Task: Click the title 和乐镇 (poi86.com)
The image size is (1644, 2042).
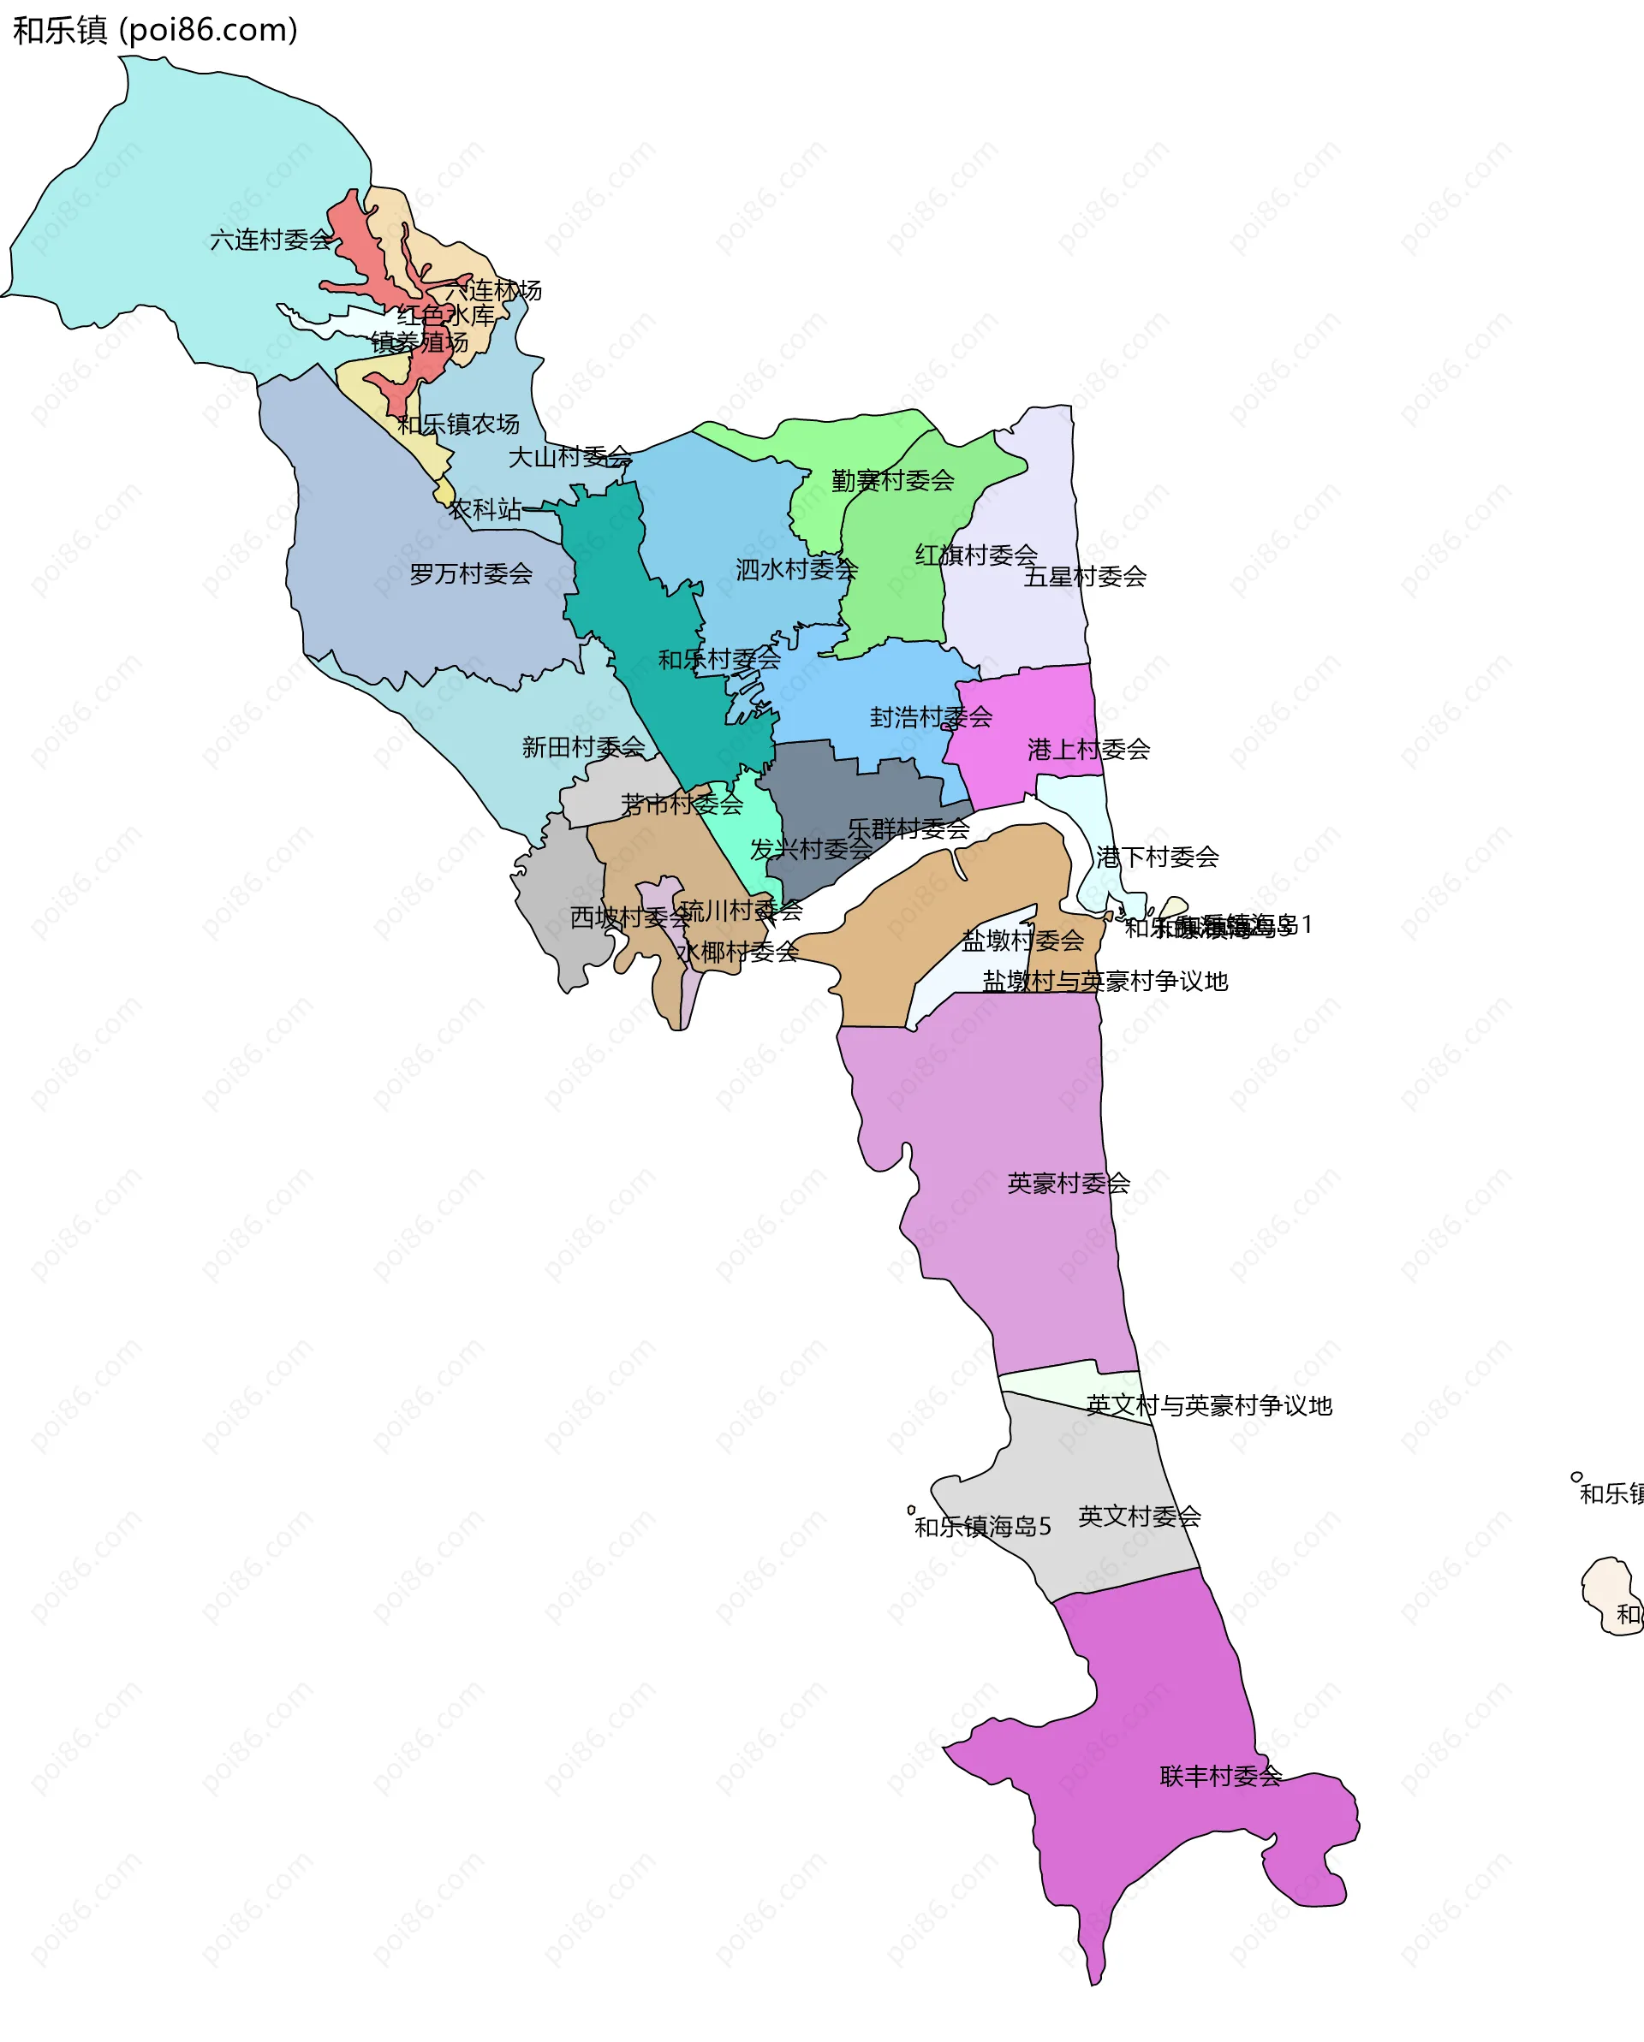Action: pyautogui.click(x=155, y=30)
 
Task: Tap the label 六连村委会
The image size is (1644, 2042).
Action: pyautogui.click(x=271, y=240)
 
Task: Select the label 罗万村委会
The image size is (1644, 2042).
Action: pyautogui.click(x=471, y=574)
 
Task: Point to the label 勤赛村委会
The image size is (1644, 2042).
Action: pyautogui.click(x=892, y=481)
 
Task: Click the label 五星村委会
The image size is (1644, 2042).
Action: pyautogui.click(x=1085, y=577)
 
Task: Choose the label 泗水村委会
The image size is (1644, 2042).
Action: pyautogui.click(x=797, y=569)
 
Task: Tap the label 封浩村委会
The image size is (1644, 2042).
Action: pyautogui.click(x=931, y=717)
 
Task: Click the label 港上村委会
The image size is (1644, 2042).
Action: pyautogui.click(x=1089, y=750)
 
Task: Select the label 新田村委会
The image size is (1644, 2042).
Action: pyautogui.click(x=584, y=748)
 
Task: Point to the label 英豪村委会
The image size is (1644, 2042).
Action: pyautogui.click(x=1069, y=1183)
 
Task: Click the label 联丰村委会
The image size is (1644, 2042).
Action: pyautogui.click(x=1220, y=1777)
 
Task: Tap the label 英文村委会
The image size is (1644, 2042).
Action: pyautogui.click(x=1139, y=1517)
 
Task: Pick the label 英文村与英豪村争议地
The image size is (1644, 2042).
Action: pyautogui.click(x=1209, y=1405)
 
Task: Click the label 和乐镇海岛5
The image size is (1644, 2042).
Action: pyautogui.click(x=983, y=1527)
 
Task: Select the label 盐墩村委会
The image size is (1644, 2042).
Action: pyautogui.click(x=1022, y=941)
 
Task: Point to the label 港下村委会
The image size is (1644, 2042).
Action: pyautogui.click(x=1157, y=858)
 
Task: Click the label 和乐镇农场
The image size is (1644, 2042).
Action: pyautogui.click(x=459, y=424)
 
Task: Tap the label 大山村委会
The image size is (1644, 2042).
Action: pyautogui.click(x=570, y=458)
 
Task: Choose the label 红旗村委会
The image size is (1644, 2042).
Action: pyautogui.click(x=976, y=555)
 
